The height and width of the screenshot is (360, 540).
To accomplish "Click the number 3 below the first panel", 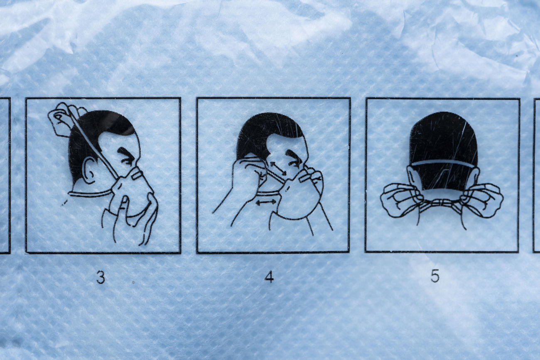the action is [101, 277].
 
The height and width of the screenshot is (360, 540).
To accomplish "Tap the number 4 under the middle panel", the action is [269, 277].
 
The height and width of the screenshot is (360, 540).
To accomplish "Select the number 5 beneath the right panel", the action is [435, 276].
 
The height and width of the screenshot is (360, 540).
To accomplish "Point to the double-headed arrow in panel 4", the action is [266, 202].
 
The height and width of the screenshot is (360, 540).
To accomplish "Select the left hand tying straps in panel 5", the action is [402, 200].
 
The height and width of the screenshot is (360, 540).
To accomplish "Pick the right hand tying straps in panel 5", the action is [481, 200].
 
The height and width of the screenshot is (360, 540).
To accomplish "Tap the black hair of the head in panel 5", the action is [443, 149].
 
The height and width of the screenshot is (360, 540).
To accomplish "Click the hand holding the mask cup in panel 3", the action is [130, 217].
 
